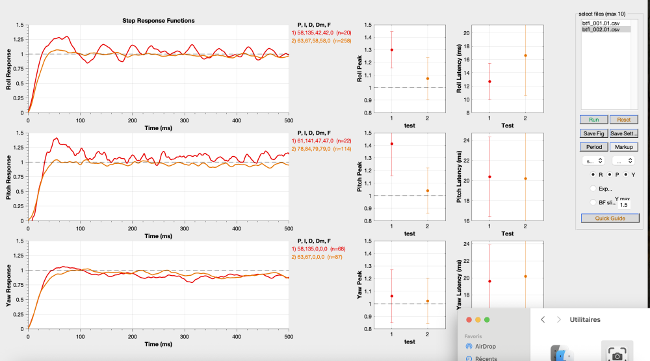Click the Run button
coord(594,120)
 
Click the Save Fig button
coord(594,133)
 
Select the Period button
coord(594,147)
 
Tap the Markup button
coord(624,147)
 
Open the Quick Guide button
coord(610,219)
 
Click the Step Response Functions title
coord(158,21)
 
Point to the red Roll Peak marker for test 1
coord(391,50)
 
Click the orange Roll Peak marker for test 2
coord(427,79)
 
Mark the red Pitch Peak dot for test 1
coord(391,144)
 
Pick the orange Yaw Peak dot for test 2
coord(427,301)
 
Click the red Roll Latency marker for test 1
coord(489,81)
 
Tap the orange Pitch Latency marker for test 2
coord(525,179)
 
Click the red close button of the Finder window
coord(468,319)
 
